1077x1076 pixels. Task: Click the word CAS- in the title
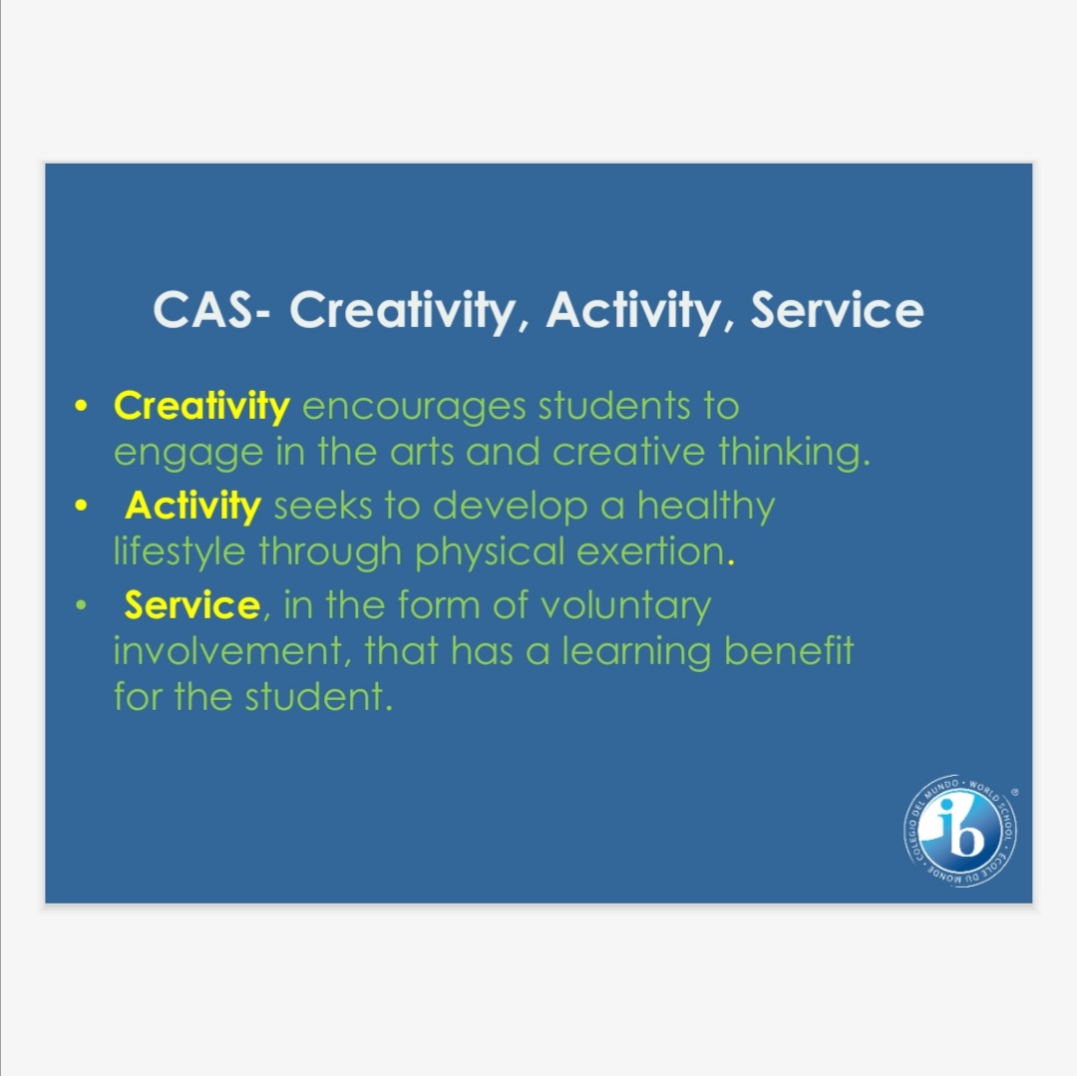coord(211,310)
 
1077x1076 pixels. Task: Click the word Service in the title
coord(837,310)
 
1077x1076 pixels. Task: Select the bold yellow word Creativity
coord(201,407)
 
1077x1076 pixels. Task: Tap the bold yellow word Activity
coord(193,507)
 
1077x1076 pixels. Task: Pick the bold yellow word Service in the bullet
coord(192,605)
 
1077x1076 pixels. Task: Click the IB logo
coord(961,831)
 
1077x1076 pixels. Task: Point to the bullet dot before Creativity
coord(81,406)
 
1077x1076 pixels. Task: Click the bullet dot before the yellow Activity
coord(81,506)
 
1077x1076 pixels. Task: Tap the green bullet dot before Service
coord(81,605)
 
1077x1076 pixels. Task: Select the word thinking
coord(794,454)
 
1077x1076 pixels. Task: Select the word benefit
coord(789,651)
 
